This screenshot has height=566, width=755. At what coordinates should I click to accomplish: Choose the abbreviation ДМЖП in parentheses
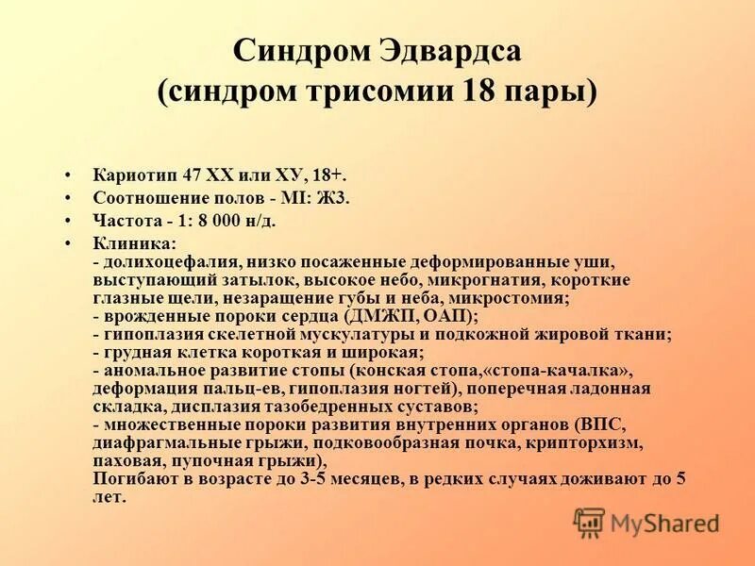[379, 315]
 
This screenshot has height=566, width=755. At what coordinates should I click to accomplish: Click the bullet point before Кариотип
[68, 176]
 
